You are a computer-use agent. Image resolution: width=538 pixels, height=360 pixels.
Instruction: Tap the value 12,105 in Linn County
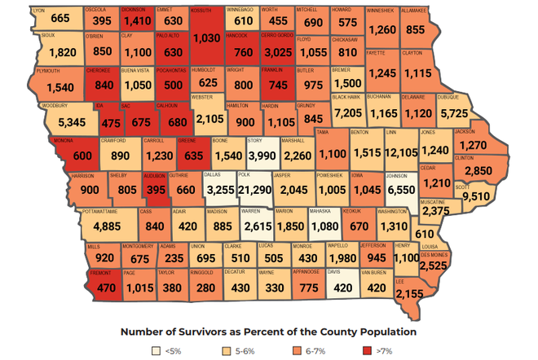coord(402,152)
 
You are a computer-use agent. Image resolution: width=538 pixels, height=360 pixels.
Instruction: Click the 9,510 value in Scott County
coord(476,196)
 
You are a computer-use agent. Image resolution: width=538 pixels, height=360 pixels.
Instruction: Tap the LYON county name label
coord(38,10)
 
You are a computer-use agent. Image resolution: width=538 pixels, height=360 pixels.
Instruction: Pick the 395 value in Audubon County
coord(153,190)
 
